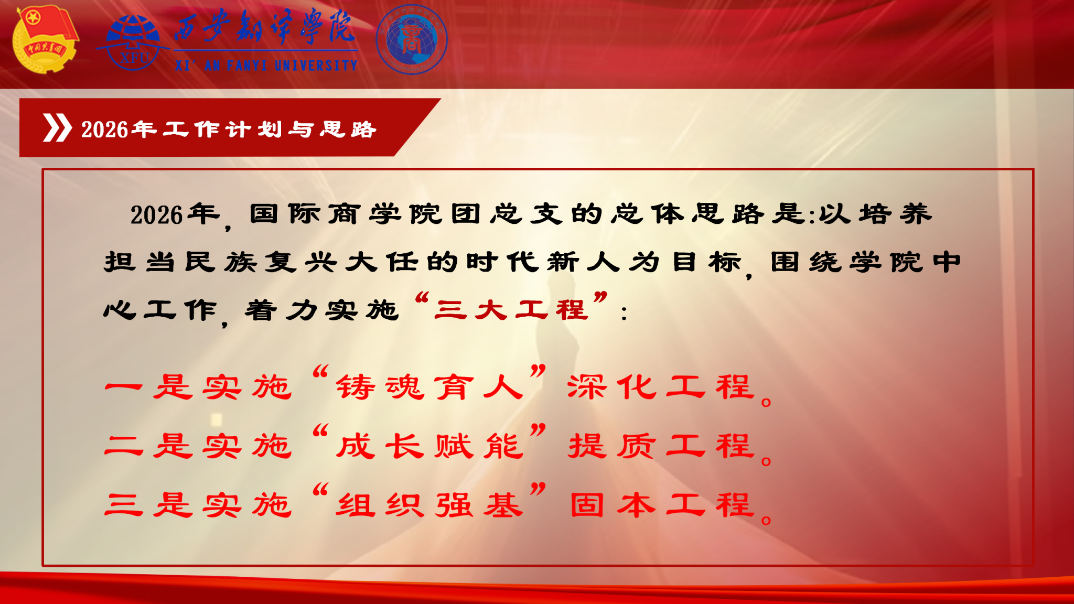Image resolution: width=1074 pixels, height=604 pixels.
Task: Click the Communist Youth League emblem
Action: click(45, 39)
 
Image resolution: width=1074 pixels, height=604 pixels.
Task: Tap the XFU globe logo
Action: click(133, 42)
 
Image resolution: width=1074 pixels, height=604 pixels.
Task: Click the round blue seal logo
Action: click(412, 40)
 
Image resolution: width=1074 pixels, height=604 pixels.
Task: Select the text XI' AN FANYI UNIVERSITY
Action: click(266, 66)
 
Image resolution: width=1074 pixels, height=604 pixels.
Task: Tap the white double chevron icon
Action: click(57, 128)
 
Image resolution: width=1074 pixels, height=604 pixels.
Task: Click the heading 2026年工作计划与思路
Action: click(229, 129)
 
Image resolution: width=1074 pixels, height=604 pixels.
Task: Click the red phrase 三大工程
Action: click(511, 309)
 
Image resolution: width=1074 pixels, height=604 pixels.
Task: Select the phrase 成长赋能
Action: click(429, 446)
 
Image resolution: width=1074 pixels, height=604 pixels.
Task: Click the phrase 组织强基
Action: click(429, 505)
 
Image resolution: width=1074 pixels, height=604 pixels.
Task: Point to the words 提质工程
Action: click(661, 446)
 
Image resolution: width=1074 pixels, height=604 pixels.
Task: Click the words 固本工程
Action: click(662, 505)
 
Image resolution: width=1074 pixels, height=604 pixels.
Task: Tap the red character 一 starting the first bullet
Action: click(123, 388)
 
